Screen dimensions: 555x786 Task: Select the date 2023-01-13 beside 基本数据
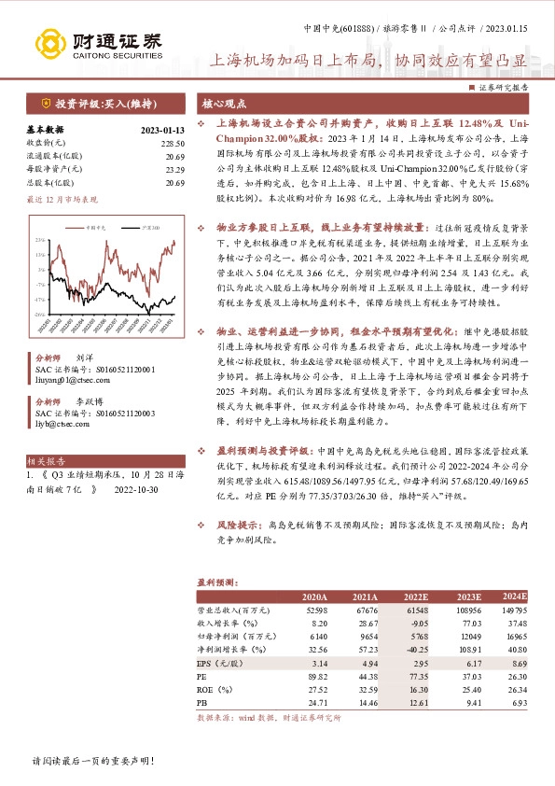coord(162,130)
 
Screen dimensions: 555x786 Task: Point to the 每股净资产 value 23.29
coord(175,169)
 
